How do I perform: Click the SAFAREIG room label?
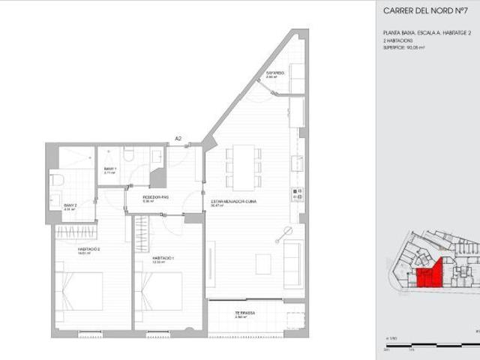pyautogui.click(x=275, y=73)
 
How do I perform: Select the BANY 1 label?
pyautogui.click(x=110, y=169)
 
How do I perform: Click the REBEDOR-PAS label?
pyautogui.click(x=156, y=198)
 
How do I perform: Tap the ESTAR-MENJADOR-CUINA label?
pyautogui.click(x=229, y=202)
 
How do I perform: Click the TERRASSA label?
pyautogui.click(x=244, y=313)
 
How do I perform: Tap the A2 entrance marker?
pyautogui.click(x=178, y=139)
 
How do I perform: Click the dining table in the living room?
pyautogui.click(x=244, y=166)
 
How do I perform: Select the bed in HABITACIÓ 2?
pyautogui.click(x=78, y=292)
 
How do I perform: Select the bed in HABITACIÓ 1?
pyautogui.click(x=158, y=292)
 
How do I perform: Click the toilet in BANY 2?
pyautogui.click(x=56, y=182)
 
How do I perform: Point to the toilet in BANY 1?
pyautogui.click(x=129, y=154)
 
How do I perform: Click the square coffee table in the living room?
pyautogui.click(x=263, y=264)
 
